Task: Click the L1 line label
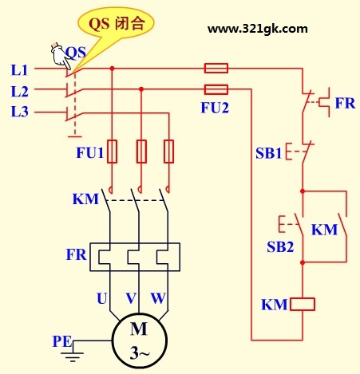(x=19, y=70)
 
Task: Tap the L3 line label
(x=19, y=112)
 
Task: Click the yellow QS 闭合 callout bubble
(x=117, y=24)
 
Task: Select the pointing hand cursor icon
(x=61, y=57)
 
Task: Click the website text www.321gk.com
(x=258, y=29)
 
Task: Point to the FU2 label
(x=215, y=108)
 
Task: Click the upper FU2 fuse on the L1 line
(x=216, y=68)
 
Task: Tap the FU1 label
(x=89, y=152)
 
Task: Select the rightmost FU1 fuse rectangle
(x=168, y=151)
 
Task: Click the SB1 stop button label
(x=268, y=153)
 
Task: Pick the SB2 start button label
(x=280, y=246)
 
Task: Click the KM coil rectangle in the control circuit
(x=303, y=304)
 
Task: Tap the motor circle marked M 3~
(x=139, y=341)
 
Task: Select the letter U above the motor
(x=101, y=298)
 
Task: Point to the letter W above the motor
(x=158, y=298)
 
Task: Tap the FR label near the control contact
(x=345, y=103)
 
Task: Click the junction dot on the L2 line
(x=141, y=89)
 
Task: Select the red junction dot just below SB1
(x=303, y=191)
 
